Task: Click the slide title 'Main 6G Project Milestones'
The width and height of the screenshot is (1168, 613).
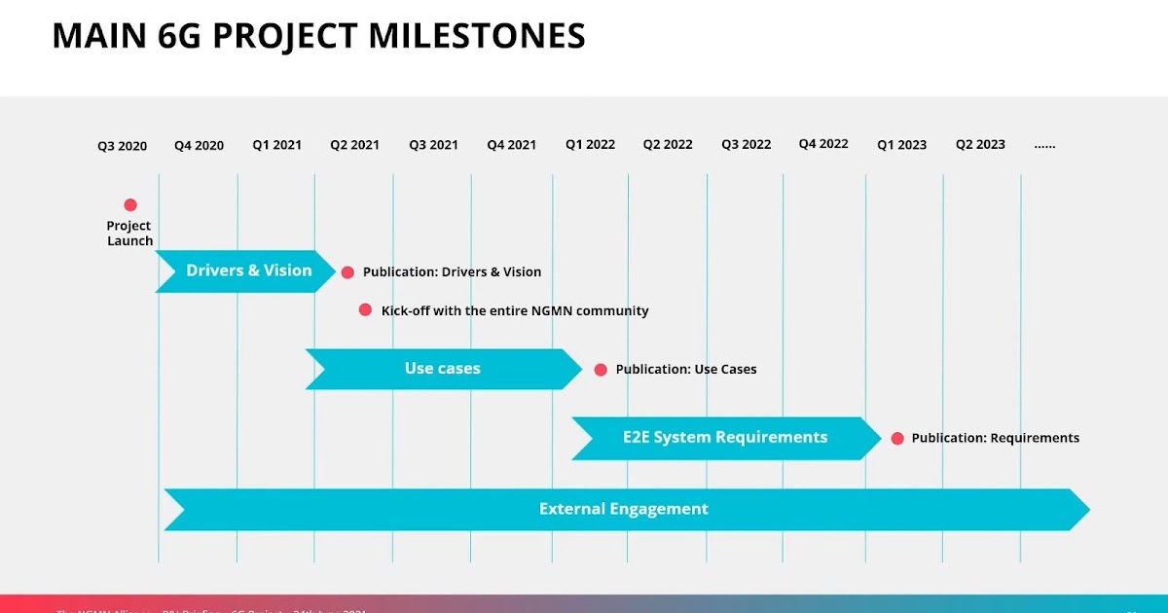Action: [318, 36]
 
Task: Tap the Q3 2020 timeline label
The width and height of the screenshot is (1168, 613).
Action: [122, 146]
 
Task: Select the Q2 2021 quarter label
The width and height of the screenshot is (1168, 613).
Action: [354, 145]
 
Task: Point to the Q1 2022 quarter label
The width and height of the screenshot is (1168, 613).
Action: [590, 144]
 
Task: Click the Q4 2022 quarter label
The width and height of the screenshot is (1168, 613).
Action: [823, 144]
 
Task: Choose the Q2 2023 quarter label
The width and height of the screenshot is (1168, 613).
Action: [980, 144]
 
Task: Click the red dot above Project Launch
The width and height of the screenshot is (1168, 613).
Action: [130, 204]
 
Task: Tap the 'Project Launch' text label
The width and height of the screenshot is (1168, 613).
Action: [129, 234]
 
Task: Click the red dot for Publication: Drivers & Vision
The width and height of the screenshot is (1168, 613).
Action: [347, 272]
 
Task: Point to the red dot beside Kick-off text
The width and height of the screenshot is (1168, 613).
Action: [365, 309]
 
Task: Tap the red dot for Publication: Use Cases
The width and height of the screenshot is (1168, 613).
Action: [601, 370]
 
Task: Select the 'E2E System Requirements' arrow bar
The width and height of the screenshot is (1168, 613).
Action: [725, 438]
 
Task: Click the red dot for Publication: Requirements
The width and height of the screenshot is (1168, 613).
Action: [897, 439]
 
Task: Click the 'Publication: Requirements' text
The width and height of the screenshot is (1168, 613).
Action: [995, 438]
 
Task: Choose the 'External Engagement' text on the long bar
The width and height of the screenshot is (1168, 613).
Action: [623, 509]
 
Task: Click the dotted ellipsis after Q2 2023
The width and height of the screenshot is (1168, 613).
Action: [1044, 145]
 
